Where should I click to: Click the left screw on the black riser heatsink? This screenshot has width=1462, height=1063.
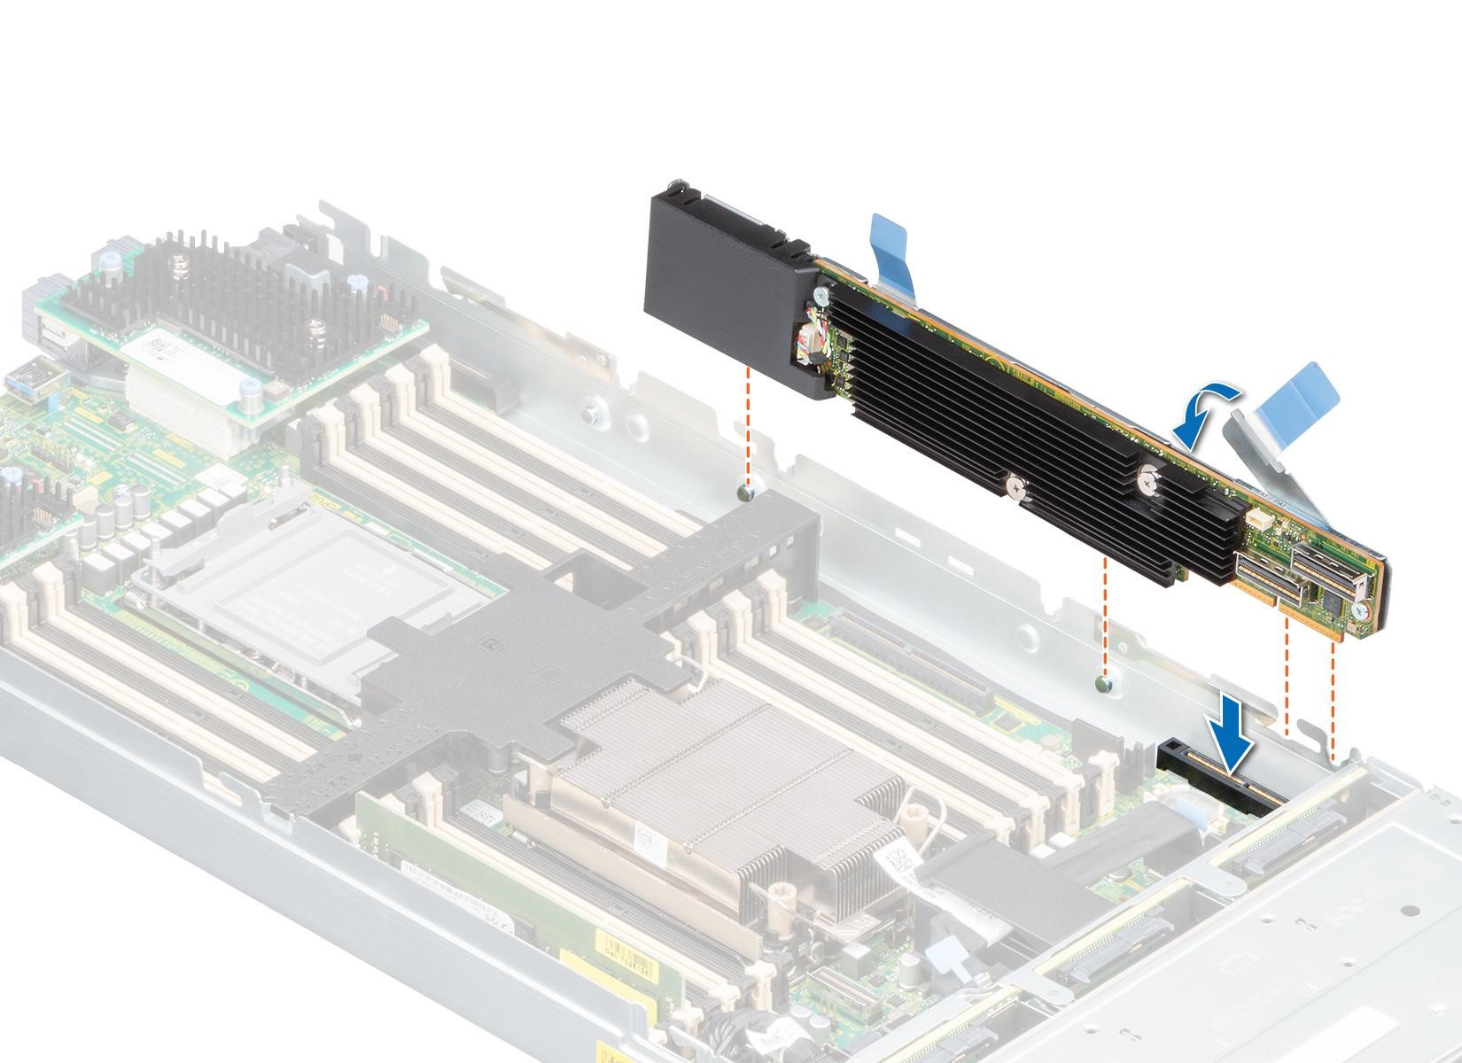click(x=1016, y=486)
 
